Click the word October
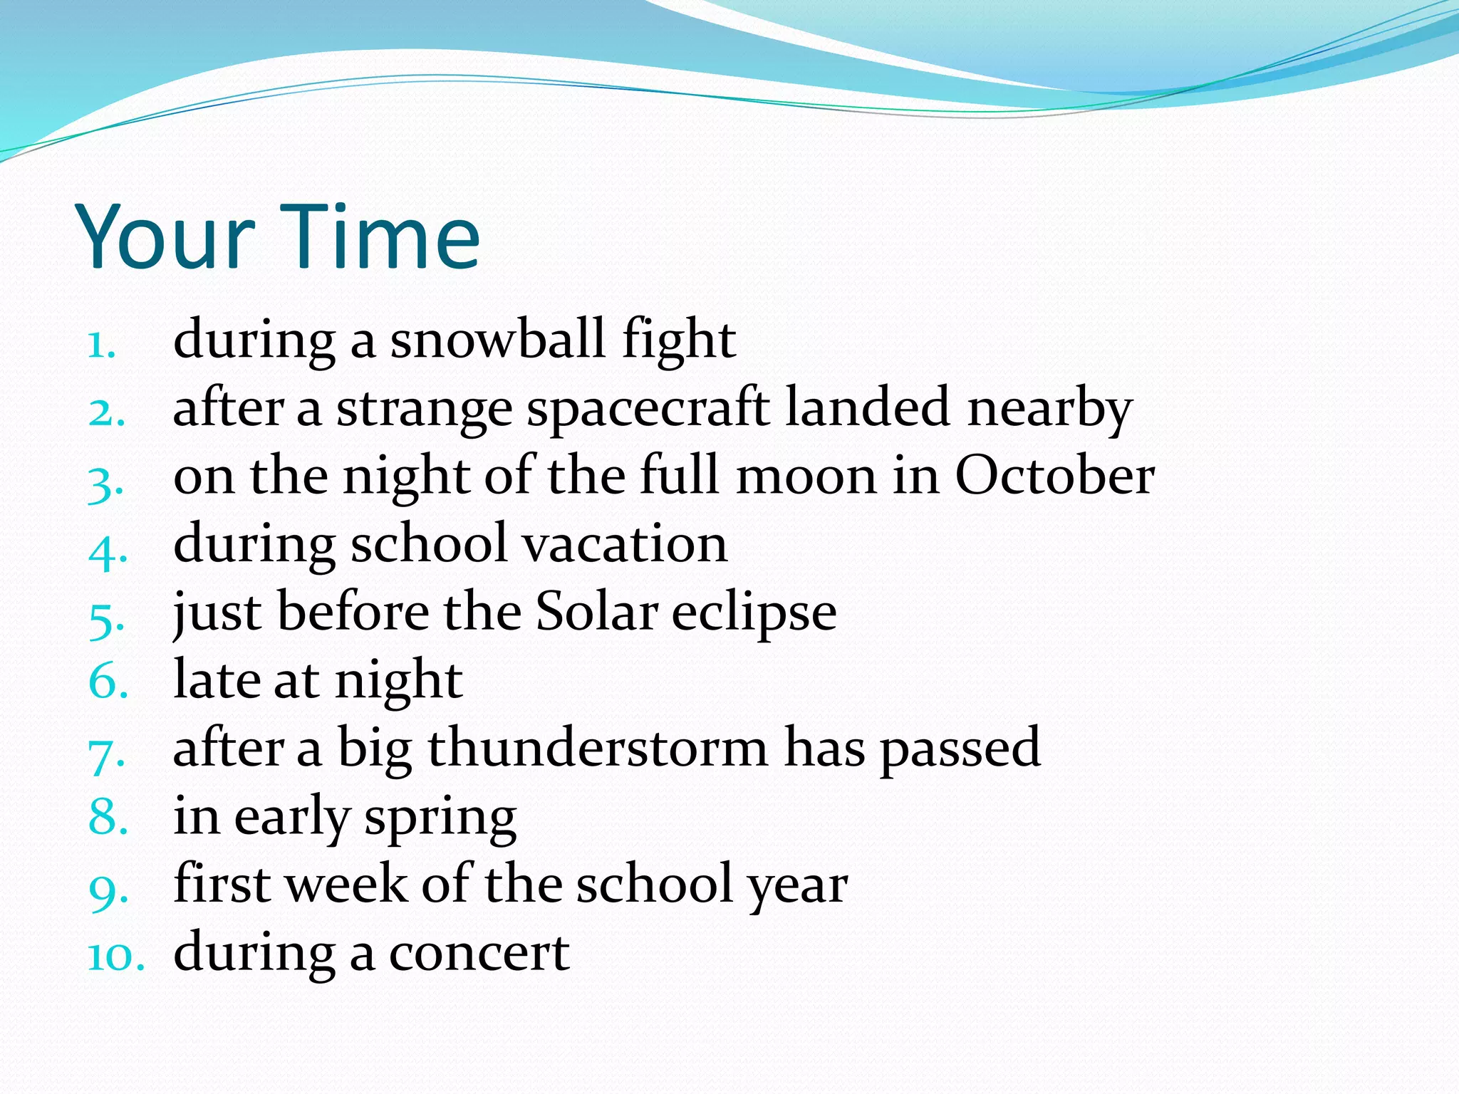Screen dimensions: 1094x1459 point(1054,476)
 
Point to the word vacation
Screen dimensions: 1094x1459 point(625,544)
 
